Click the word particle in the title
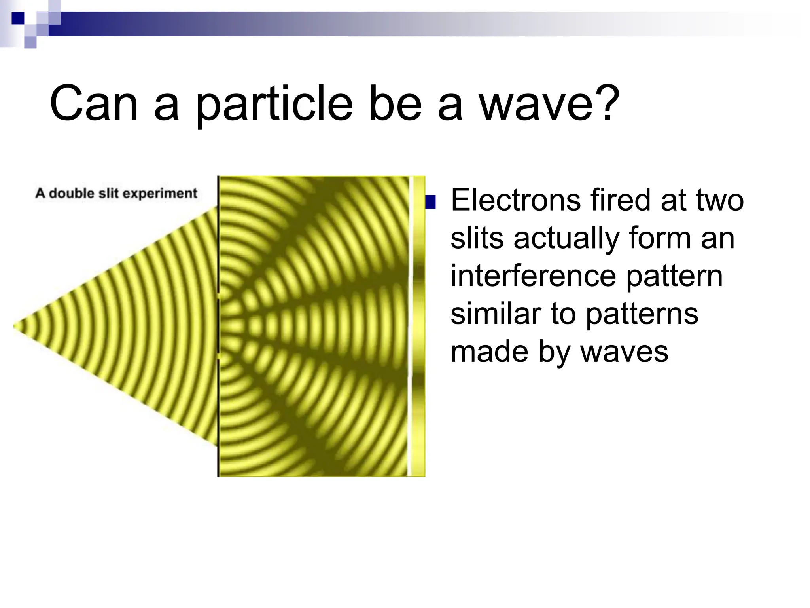(274, 104)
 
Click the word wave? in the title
(549, 104)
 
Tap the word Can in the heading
(93, 104)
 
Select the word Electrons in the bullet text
(515, 200)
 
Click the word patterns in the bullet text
(642, 314)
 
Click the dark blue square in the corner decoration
(18, 18)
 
